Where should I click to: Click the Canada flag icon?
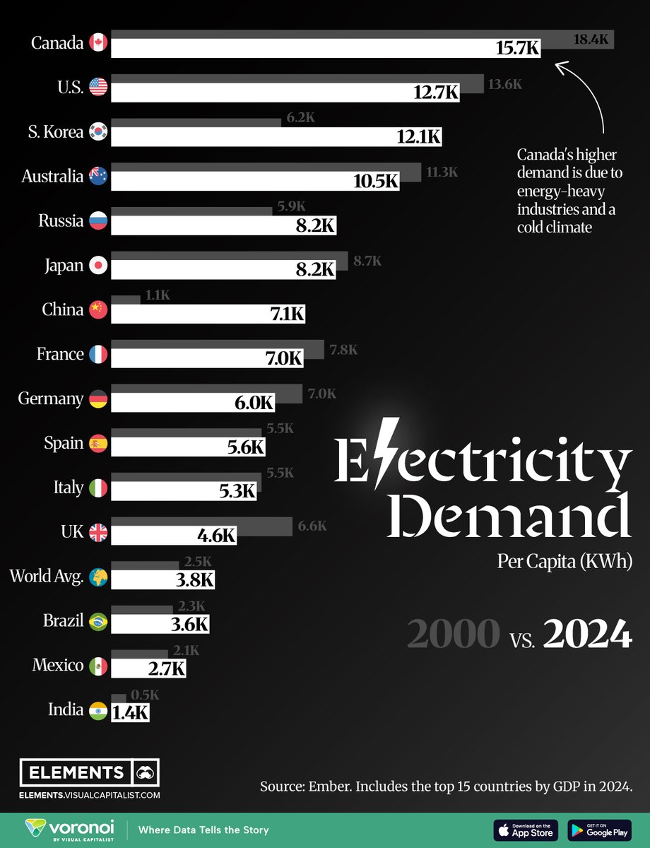98,42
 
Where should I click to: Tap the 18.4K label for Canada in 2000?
590,40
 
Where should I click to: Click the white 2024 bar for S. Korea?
276,137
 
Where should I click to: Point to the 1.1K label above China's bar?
157,296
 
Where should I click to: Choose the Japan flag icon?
98,266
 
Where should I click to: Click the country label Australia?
52,176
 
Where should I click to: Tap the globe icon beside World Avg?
98,577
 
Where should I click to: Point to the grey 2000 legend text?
453,635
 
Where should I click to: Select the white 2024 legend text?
587,635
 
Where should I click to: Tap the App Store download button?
526,830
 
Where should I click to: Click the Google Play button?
599,830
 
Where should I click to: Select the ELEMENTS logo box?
90,772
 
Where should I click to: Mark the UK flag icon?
98,532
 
